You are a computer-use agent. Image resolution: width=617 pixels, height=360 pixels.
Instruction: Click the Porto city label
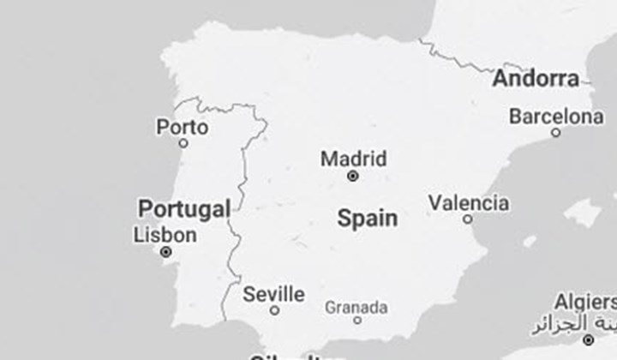click(x=182, y=128)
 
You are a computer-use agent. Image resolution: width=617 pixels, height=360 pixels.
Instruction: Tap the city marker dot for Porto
click(x=183, y=143)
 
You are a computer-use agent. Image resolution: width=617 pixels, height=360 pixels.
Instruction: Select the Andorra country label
click(x=536, y=79)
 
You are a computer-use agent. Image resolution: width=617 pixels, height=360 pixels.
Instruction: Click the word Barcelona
click(x=556, y=117)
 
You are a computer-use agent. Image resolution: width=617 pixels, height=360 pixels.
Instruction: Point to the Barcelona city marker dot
click(x=556, y=133)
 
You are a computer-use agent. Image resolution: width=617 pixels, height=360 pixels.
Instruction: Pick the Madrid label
click(x=353, y=159)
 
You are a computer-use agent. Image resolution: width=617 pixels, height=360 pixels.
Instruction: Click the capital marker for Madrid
click(x=352, y=176)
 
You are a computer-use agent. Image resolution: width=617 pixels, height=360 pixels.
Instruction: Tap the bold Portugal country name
click(x=184, y=208)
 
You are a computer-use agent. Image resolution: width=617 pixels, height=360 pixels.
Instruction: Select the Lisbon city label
click(x=165, y=235)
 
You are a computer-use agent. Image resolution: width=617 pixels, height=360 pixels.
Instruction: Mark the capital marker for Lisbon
click(x=166, y=252)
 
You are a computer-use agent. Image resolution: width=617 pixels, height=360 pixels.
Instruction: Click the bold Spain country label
click(x=368, y=218)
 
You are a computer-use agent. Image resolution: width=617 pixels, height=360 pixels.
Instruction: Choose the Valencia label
click(x=469, y=203)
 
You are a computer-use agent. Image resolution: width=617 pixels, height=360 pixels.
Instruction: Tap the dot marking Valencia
click(x=467, y=219)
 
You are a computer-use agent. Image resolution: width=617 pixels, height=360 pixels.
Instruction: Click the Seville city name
click(x=273, y=294)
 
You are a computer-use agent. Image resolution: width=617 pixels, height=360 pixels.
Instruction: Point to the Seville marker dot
click(x=274, y=310)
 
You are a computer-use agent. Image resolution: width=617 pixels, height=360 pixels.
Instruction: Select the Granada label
click(x=356, y=307)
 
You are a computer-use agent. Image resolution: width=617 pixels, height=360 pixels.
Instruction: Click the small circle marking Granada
click(x=357, y=321)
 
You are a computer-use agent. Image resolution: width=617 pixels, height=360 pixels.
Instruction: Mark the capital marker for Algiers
click(x=588, y=339)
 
